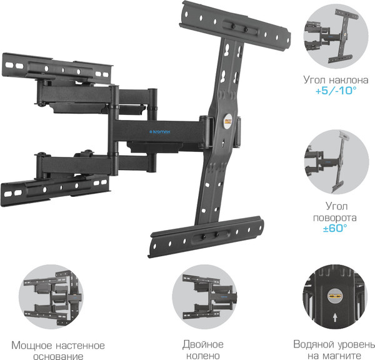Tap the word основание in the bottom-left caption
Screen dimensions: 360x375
click(x=59, y=356)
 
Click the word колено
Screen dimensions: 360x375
click(x=202, y=355)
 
